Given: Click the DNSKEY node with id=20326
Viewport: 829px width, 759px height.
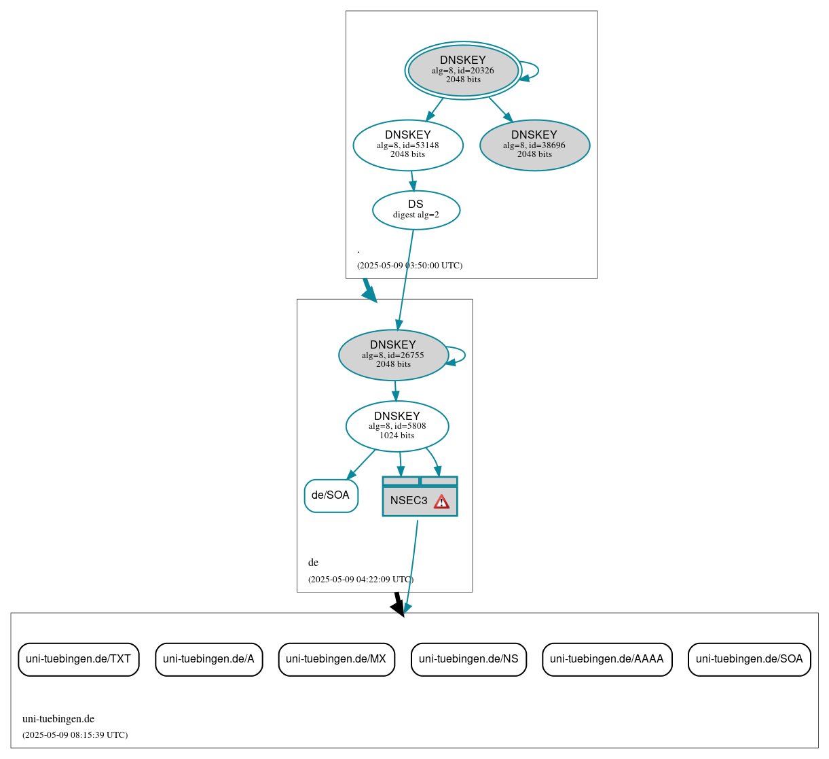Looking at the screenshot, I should tap(463, 70).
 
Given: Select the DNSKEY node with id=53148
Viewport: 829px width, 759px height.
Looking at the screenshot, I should tap(408, 145).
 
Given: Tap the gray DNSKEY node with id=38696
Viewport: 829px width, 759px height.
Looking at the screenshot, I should tap(534, 145).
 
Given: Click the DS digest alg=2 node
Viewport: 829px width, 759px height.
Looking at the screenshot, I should tap(416, 210).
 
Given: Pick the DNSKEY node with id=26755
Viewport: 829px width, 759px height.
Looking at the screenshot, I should tap(393, 355).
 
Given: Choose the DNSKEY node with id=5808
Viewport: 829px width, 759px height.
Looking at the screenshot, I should tap(397, 426).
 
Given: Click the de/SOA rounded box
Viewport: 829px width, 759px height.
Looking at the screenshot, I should tap(331, 495).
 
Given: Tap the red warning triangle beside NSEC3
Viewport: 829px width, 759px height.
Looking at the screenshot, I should tap(441, 501).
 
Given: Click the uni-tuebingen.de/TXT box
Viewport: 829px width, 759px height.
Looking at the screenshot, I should tap(78, 659).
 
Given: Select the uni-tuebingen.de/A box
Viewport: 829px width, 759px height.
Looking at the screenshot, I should tap(208, 659).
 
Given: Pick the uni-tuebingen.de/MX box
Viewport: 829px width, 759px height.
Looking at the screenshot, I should tap(336, 659).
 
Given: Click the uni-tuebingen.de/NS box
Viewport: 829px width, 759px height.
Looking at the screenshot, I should tap(468, 659).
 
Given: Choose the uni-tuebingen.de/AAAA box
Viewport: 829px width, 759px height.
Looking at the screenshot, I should tap(607, 659).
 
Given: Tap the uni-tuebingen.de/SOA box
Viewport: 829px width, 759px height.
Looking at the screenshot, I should tap(749, 659).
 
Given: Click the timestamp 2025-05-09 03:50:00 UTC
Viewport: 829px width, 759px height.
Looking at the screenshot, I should tap(409, 266).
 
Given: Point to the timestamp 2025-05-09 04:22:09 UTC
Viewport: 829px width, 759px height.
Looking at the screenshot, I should tap(361, 580).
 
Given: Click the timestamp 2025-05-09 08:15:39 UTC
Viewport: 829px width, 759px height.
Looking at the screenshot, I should tap(75, 735).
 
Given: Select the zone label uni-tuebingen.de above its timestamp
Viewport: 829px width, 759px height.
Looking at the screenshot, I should tap(58, 719).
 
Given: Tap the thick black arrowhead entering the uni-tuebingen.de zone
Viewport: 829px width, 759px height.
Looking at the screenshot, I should tap(399, 607).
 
